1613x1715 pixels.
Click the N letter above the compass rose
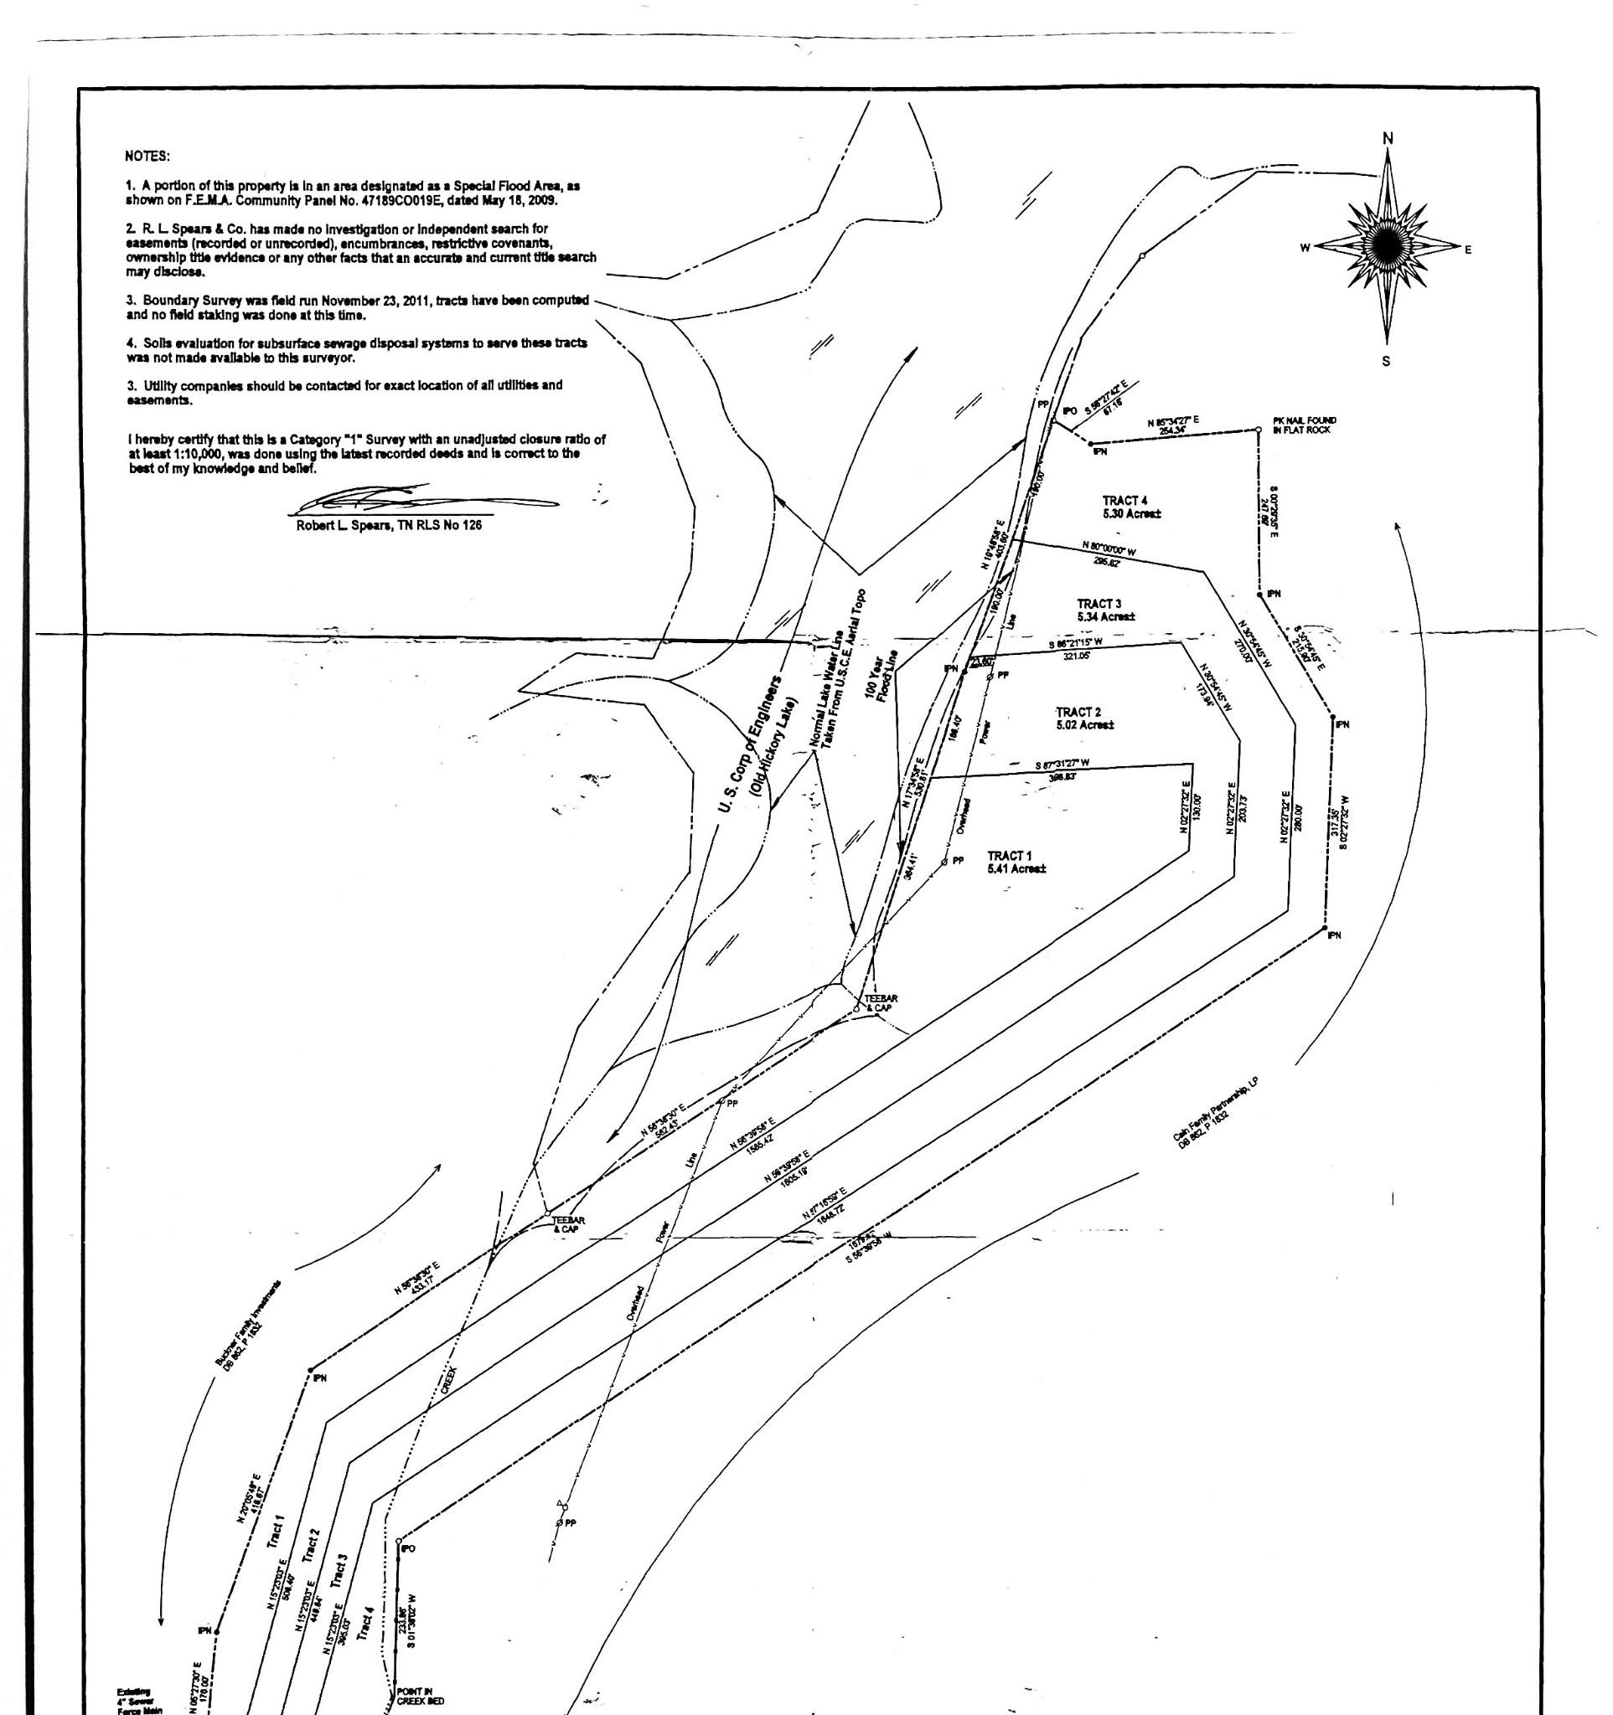point(1388,138)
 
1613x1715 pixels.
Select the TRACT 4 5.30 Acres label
point(1131,507)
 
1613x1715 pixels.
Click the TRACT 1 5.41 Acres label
point(1016,862)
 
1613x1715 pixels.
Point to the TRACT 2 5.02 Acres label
point(1084,718)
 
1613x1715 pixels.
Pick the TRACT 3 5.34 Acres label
point(1105,610)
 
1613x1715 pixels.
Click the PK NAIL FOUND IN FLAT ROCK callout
point(1304,425)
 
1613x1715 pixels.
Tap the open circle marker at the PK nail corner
point(1259,430)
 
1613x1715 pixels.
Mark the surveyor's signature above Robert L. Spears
point(423,497)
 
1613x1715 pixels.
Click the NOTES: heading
point(147,157)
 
